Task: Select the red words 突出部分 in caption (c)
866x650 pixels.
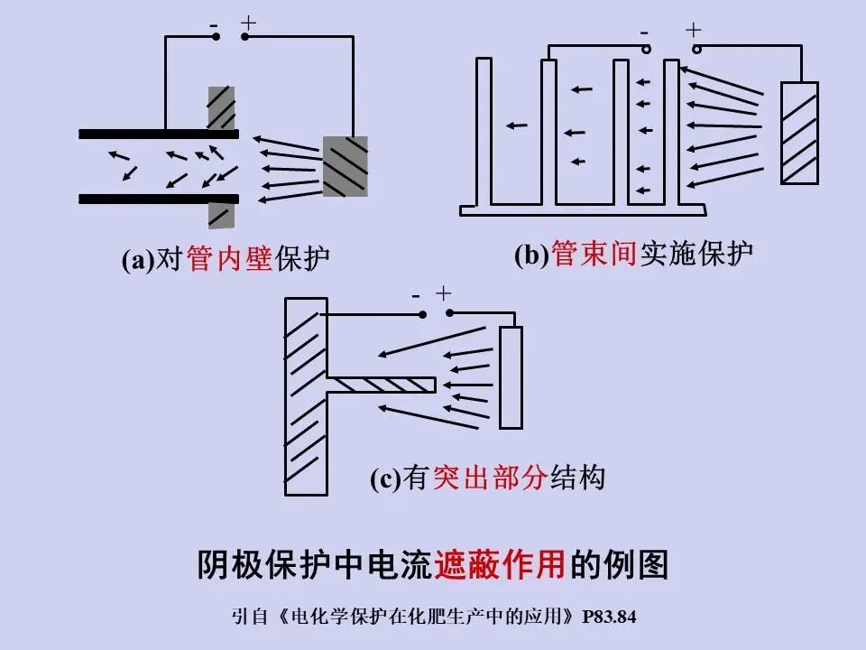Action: pos(489,478)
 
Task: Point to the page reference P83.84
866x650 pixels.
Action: pos(610,618)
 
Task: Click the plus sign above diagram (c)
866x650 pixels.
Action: pos(443,293)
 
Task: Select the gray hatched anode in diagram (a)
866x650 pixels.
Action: pos(345,166)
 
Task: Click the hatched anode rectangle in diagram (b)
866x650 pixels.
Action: pos(799,133)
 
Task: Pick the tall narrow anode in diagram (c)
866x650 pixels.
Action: pos(511,377)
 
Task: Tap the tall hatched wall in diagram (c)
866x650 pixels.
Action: pos(305,395)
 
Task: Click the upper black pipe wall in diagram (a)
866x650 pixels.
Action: pos(159,134)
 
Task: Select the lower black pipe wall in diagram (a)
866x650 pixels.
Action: pos(159,198)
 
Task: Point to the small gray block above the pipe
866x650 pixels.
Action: pos(221,107)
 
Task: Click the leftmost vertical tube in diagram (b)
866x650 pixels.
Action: pos(484,132)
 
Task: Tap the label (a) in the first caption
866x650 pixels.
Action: pos(138,260)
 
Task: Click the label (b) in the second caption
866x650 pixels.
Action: pos(531,255)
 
